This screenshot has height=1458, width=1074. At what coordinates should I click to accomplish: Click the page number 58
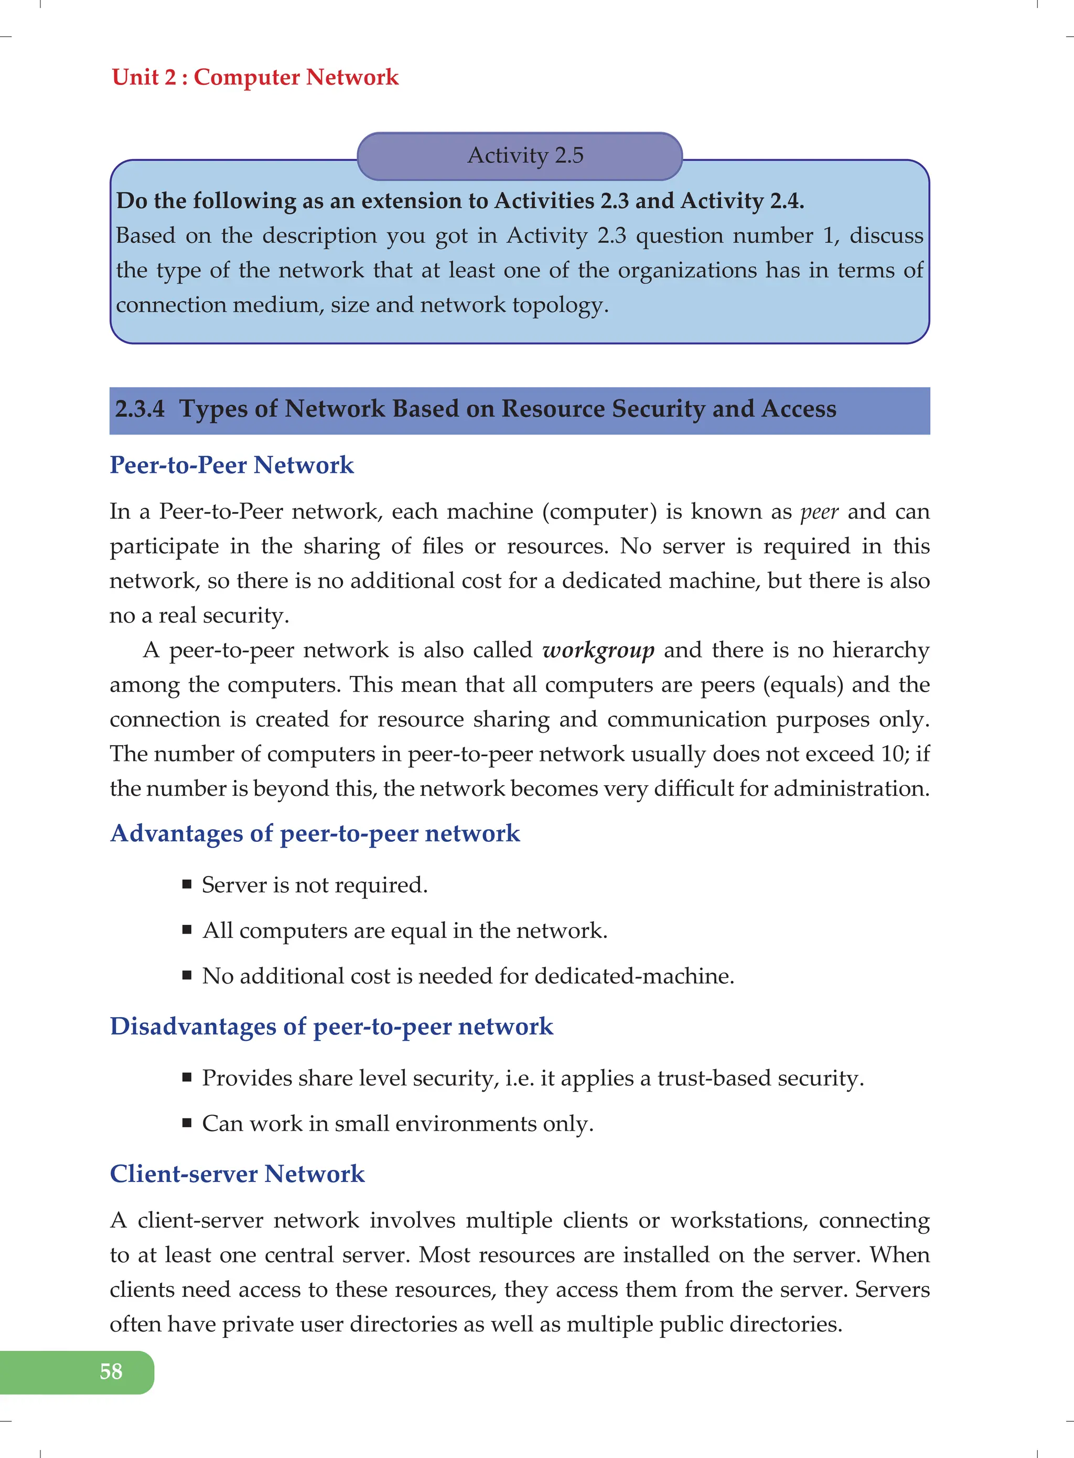click(111, 1371)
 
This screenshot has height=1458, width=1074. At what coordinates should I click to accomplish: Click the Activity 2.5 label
click(525, 155)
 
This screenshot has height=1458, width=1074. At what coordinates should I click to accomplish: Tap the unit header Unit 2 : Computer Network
click(255, 77)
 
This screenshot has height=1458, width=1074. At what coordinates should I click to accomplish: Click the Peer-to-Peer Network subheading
click(231, 464)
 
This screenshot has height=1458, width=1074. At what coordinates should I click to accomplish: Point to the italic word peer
click(819, 512)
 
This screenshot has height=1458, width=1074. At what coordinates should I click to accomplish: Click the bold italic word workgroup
click(598, 650)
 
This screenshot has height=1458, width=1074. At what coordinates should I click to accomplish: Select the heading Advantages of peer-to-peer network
click(315, 833)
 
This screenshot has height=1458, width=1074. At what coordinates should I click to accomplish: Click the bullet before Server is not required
click(187, 884)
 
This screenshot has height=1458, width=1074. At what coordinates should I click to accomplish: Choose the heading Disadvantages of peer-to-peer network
click(331, 1026)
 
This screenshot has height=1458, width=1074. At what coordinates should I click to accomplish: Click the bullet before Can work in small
click(187, 1123)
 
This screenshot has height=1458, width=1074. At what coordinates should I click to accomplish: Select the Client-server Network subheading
click(237, 1174)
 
